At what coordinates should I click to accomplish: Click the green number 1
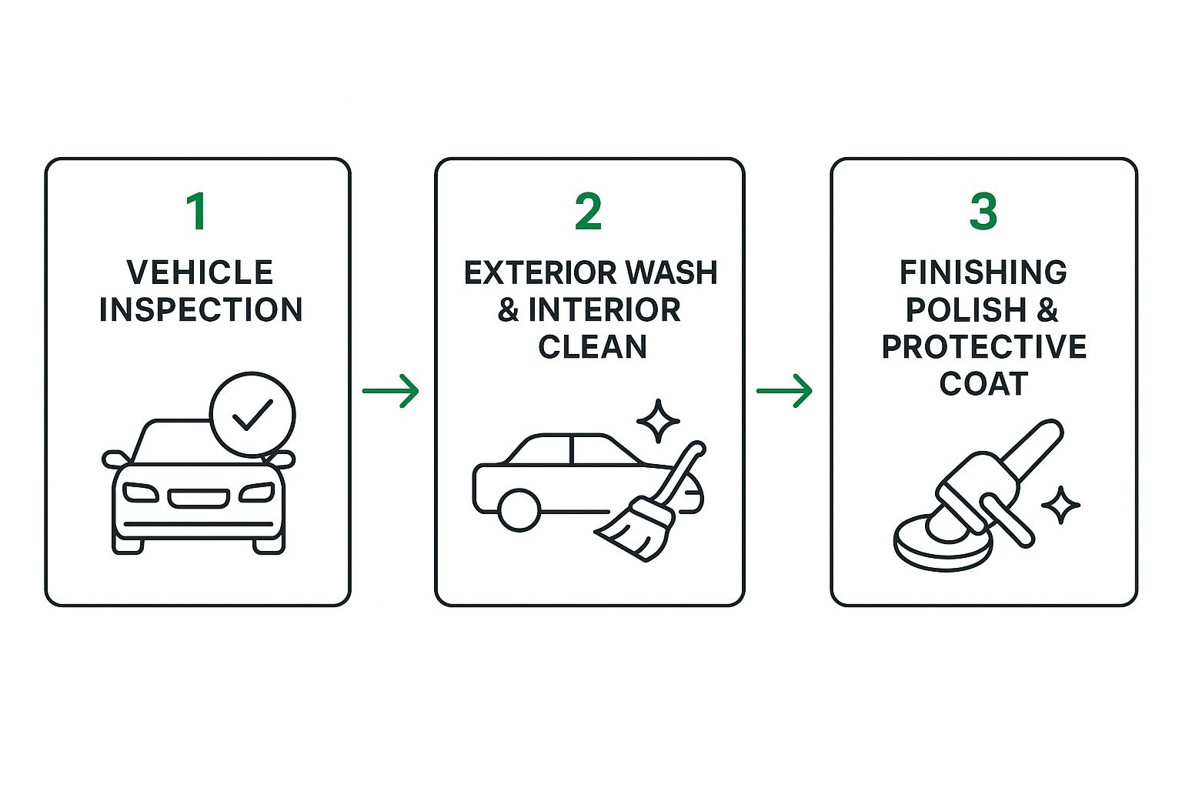(x=197, y=211)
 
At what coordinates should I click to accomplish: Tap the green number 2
(x=588, y=211)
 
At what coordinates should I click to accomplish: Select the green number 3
(x=983, y=211)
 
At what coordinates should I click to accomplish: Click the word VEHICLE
(x=199, y=272)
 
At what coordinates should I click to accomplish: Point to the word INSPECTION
(x=201, y=309)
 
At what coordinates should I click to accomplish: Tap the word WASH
(x=672, y=273)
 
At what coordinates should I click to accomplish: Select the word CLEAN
(x=592, y=347)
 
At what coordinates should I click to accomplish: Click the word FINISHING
(x=983, y=272)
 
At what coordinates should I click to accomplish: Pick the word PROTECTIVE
(x=984, y=347)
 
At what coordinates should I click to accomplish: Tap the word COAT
(x=983, y=384)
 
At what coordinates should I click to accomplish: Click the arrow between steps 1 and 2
(x=390, y=391)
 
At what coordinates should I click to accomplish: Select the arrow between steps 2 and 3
(x=784, y=391)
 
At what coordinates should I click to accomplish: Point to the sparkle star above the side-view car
(x=658, y=421)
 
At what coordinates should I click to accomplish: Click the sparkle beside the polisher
(x=1060, y=505)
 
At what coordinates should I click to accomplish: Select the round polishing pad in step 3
(x=943, y=543)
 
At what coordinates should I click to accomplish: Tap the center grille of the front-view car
(x=199, y=498)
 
